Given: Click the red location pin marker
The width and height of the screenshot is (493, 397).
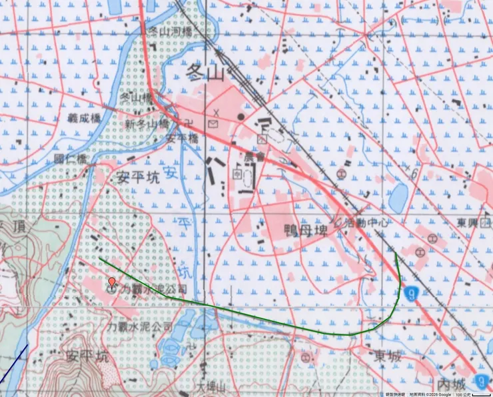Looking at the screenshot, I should pos(112,282).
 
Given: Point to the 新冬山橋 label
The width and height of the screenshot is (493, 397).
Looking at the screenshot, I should pos(147,125).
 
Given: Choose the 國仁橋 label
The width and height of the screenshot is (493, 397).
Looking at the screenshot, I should pos(71,159).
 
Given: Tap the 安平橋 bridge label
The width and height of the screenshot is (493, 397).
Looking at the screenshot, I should pos(183,139).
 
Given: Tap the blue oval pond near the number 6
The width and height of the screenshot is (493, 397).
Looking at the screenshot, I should pos(398,197).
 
